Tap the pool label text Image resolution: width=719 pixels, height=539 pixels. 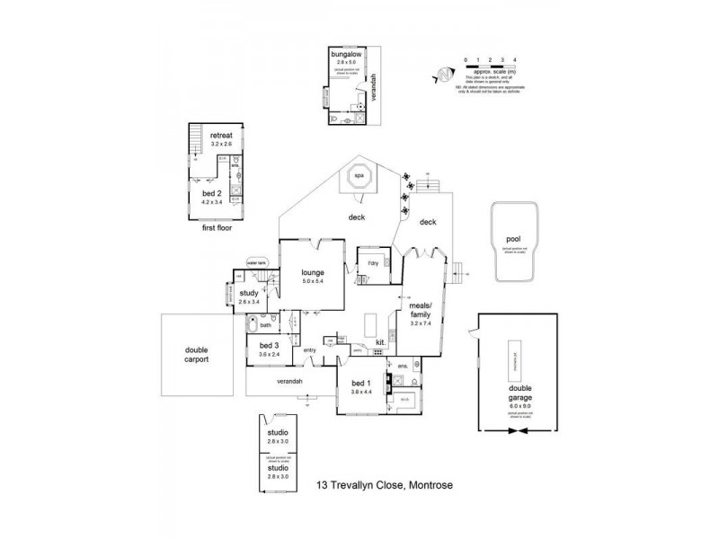513,240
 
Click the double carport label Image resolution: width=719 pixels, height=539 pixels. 196,355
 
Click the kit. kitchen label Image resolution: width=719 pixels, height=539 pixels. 381,341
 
